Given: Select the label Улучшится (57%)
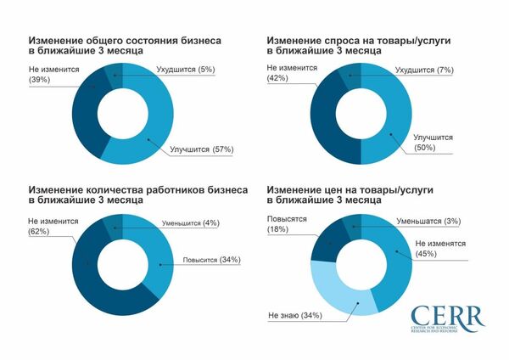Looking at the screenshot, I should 201,149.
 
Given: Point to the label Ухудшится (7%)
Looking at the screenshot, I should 425,70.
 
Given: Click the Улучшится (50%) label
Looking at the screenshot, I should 431,141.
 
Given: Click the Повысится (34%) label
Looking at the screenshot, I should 205,259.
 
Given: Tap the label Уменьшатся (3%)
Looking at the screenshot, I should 429,222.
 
